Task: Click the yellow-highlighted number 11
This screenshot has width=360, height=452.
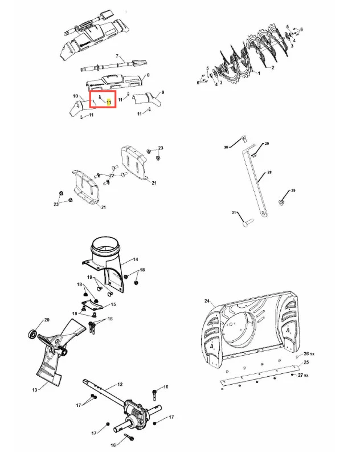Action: click(109, 101)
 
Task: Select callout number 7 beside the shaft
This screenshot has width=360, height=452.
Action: click(117, 56)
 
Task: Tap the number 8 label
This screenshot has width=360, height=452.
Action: click(148, 75)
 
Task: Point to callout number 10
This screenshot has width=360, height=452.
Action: click(75, 96)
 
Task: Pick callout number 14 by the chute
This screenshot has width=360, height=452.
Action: click(136, 260)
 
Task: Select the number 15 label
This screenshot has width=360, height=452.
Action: click(113, 305)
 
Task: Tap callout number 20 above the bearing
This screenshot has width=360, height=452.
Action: click(47, 320)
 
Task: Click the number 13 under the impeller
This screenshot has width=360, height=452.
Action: click(34, 390)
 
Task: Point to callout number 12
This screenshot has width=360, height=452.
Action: click(120, 385)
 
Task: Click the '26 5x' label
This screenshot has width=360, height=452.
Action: click(309, 355)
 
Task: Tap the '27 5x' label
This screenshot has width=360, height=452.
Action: click(309, 376)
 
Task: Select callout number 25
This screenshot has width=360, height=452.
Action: click(306, 363)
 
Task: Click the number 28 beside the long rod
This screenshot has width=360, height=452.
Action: click(269, 172)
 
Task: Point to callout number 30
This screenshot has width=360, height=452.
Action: click(226, 147)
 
